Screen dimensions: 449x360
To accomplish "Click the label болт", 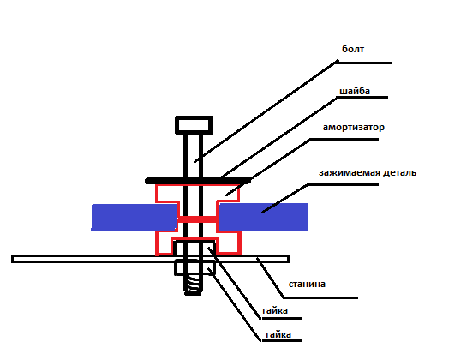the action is [353, 49].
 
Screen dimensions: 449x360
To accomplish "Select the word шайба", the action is [355, 91].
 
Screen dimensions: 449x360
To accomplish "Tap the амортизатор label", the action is [354, 127].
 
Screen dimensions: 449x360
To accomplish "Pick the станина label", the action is [307, 284].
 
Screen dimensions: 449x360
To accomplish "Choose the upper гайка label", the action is [275, 311].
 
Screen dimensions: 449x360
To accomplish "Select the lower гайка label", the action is [278, 334].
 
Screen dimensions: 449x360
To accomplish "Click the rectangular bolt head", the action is [194, 125].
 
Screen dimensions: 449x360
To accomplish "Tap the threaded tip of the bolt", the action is [193, 285].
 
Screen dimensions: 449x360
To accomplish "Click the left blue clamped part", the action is [134, 217].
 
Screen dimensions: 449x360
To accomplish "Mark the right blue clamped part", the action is [263, 217].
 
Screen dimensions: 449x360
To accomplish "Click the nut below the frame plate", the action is [195, 267].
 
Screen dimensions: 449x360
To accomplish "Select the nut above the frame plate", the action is [195, 248].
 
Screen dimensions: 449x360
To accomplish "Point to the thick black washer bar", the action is [198, 181].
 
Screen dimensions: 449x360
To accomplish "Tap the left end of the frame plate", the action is [12, 259].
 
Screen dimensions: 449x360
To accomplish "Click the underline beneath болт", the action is [363, 63].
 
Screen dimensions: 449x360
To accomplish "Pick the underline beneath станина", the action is [320, 297].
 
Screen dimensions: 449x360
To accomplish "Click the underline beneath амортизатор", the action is [344, 140].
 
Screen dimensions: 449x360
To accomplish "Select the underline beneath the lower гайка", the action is [281, 340].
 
